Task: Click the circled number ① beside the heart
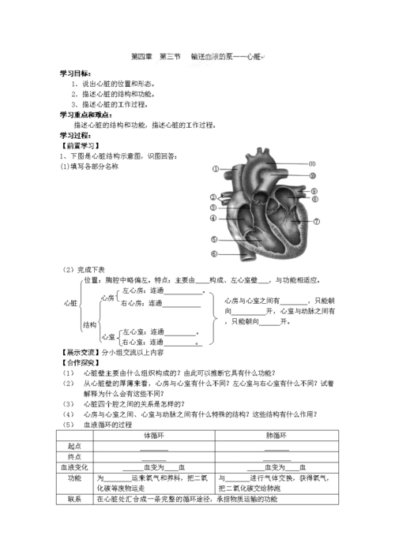[x=215, y=168]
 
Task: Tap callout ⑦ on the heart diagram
[x=317, y=222]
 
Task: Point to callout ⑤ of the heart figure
[x=213, y=239]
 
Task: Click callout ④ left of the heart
[x=213, y=218]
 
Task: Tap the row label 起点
[x=75, y=446]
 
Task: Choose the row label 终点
[x=75, y=457]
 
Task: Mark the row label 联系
[x=75, y=500]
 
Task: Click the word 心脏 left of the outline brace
[x=70, y=302]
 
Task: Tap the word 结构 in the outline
[x=88, y=324]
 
